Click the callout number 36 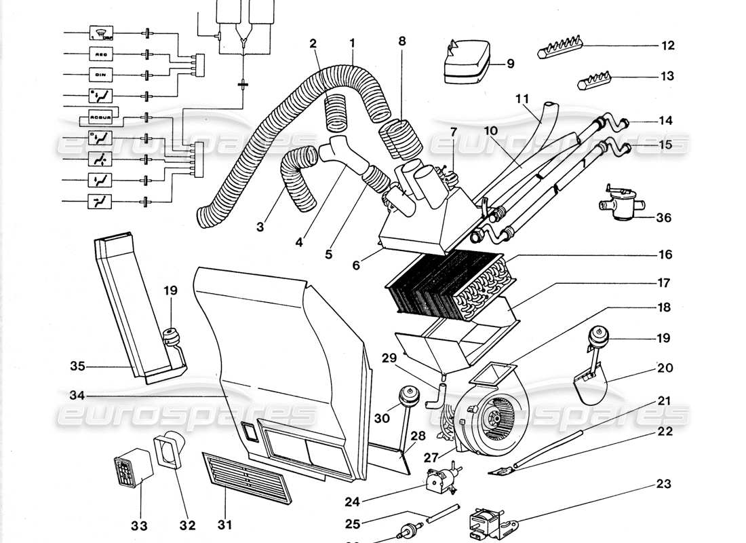pos(664,219)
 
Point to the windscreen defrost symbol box pos(100,33)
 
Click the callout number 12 pos(668,45)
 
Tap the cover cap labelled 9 pos(472,64)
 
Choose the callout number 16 pos(665,255)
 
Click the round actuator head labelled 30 pos(408,394)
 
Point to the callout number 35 pos(77,367)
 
